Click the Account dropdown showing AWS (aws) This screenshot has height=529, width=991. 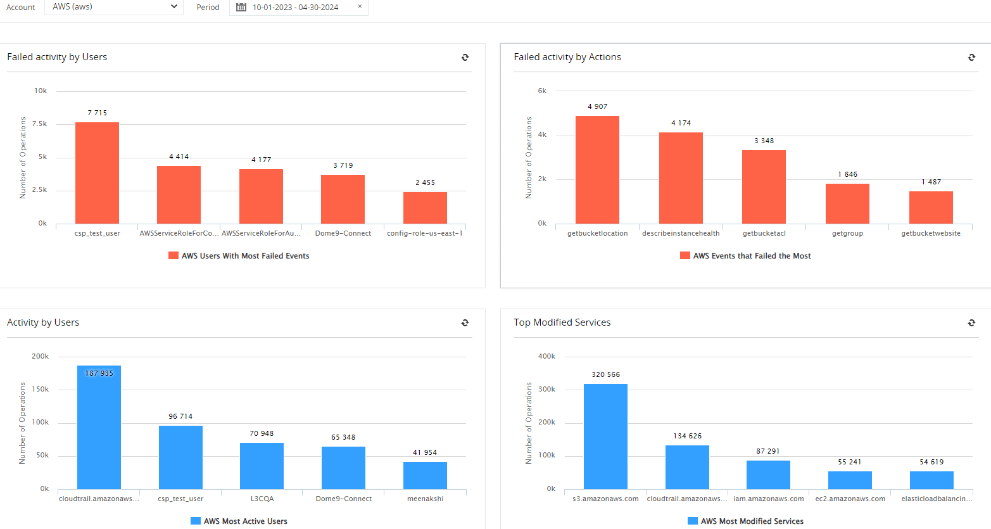114,7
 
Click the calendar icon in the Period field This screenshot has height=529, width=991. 241,7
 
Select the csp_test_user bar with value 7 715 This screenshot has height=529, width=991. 97,173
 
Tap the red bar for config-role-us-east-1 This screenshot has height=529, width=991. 425,208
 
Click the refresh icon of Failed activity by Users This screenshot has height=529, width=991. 465,57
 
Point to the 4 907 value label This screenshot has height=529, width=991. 597,106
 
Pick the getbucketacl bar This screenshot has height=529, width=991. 764,187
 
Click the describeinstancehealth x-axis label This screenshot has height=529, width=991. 681,233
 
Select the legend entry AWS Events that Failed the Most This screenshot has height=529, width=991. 745,256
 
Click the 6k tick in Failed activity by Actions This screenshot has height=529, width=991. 542,91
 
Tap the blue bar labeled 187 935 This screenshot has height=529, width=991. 99,428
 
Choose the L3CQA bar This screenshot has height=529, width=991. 262,466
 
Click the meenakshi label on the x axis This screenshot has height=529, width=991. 425,499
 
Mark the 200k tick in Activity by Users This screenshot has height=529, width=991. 40,356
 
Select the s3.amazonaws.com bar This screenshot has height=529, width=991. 605,437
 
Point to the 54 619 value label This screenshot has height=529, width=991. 931,462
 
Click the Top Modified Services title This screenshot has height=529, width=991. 562,322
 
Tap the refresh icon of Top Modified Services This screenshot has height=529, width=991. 971,322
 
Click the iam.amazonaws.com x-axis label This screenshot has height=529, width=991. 769,499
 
